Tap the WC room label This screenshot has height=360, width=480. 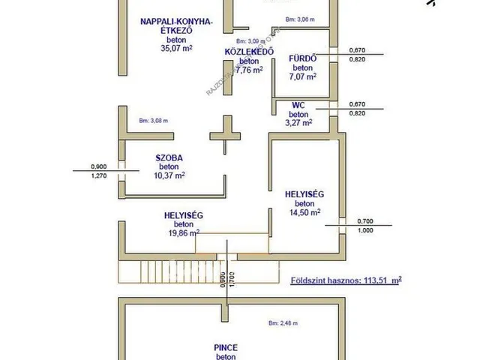tap(298, 105)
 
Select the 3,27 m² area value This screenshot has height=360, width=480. tap(299, 122)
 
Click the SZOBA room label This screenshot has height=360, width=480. tap(169, 157)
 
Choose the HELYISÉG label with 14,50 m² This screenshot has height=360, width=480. tap(304, 194)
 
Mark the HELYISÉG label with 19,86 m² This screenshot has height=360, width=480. tap(183, 215)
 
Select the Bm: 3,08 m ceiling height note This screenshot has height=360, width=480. tap(153, 120)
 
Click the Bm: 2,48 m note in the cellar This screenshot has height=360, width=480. tap(283, 323)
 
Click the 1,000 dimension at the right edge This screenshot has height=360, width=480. tap(365, 230)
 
